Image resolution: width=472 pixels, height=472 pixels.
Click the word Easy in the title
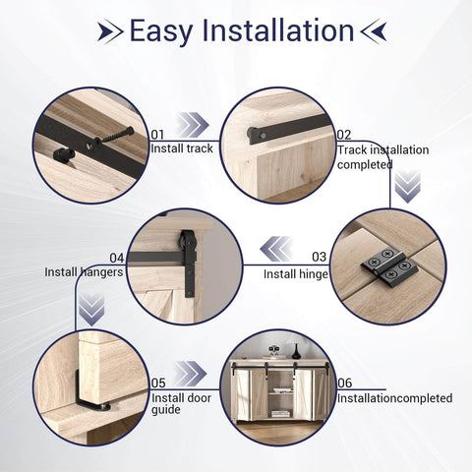pos(160,30)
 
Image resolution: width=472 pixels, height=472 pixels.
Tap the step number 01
pos(157,134)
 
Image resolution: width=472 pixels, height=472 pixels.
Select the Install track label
pos(182,148)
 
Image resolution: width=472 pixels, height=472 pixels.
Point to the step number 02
pos(344,135)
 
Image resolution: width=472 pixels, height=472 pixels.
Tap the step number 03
pos(318,258)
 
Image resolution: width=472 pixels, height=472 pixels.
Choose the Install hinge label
pos(295,273)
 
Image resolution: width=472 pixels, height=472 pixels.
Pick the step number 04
pos(116,258)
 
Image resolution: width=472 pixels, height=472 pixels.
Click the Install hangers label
pos(84,272)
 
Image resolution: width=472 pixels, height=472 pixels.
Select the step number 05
pos(157,383)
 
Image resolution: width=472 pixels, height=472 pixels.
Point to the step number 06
pos(344,383)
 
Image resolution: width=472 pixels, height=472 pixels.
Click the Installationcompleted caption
pos(394,398)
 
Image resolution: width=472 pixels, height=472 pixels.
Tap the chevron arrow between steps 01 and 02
pos(194,125)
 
